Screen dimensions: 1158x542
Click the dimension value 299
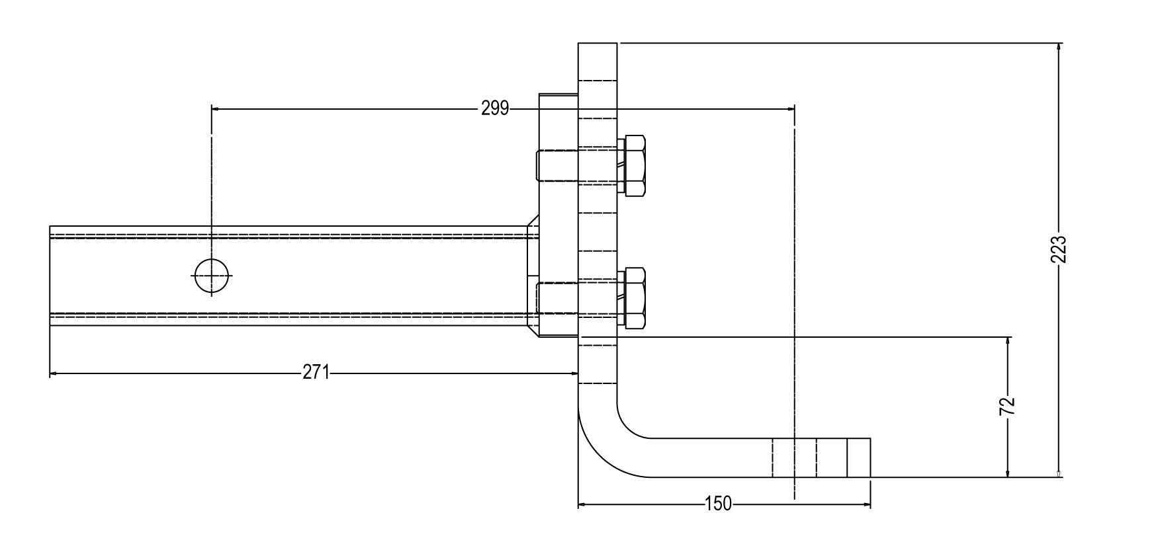495,108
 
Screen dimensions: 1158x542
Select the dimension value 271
316,373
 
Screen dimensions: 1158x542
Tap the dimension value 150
719,504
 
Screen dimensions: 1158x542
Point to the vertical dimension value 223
1058,250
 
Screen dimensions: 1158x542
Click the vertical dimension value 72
1007,406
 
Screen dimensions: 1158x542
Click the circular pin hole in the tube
212,276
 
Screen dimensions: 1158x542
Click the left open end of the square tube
50,276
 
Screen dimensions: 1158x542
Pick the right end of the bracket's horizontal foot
869,457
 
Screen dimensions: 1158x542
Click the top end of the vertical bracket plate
598,44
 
